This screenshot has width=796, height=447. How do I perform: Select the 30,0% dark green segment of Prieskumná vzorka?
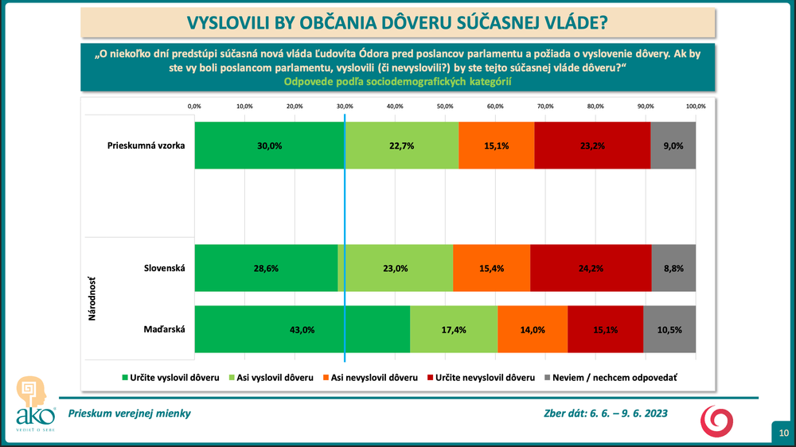click(x=269, y=146)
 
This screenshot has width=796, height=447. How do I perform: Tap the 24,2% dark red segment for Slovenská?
click(x=591, y=269)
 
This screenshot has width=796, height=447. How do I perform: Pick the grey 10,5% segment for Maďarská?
click(x=669, y=329)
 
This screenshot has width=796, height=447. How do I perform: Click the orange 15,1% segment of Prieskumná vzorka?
click(x=497, y=146)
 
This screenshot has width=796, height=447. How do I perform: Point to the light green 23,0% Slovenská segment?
click(x=396, y=269)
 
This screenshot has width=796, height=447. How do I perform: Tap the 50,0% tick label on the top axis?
click(x=445, y=106)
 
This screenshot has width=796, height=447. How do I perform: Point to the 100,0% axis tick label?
click(x=696, y=106)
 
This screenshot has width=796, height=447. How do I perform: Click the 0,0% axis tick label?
click(x=194, y=106)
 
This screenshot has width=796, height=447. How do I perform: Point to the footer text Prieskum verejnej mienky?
click(x=129, y=413)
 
